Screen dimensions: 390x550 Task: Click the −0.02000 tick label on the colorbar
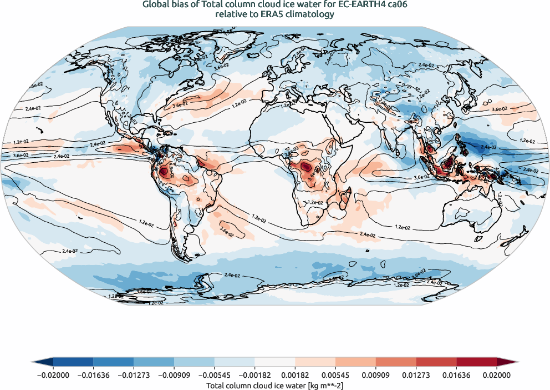point(53,375)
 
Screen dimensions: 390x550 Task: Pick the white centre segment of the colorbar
point(275,362)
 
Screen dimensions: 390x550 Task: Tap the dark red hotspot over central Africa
point(305,166)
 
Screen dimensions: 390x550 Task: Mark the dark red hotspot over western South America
point(165,171)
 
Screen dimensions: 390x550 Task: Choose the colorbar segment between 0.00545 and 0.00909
point(355,362)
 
